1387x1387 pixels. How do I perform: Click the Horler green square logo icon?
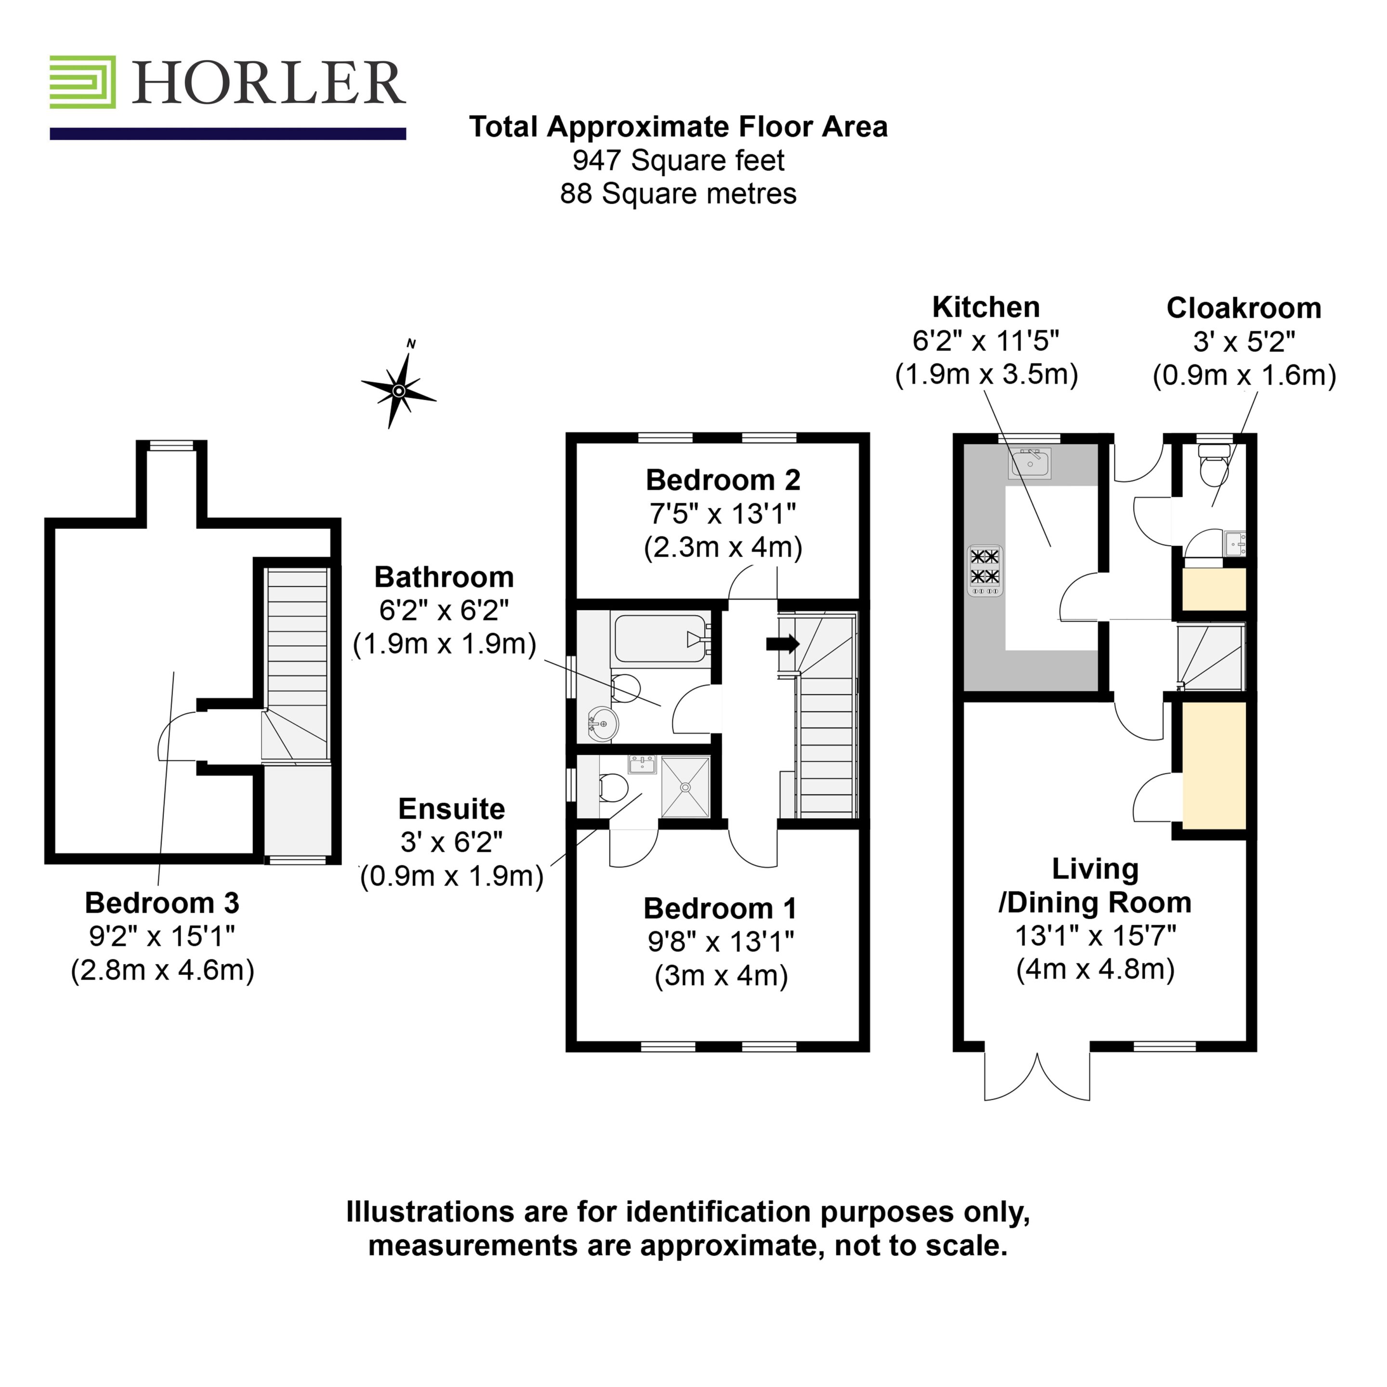(x=82, y=82)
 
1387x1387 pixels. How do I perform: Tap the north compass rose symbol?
(x=398, y=388)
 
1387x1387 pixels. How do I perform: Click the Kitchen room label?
(x=986, y=307)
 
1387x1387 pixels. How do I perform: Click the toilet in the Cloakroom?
(x=1215, y=465)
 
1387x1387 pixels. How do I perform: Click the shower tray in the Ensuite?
(x=685, y=787)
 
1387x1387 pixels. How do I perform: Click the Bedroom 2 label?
(x=723, y=480)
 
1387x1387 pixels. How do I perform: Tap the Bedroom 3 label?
(x=162, y=903)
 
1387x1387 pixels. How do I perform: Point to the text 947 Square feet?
(x=679, y=160)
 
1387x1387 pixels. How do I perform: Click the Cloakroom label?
(x=1244, y=308)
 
